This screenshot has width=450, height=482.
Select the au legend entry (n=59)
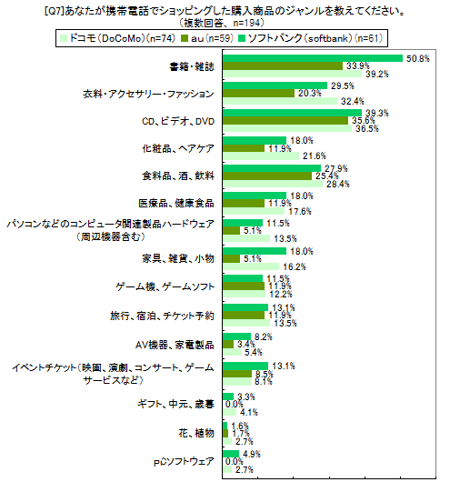[x=209, y=39]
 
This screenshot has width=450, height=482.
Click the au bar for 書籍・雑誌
[x=283, y=66]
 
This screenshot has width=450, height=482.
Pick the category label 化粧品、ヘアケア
[x=179, y=147]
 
